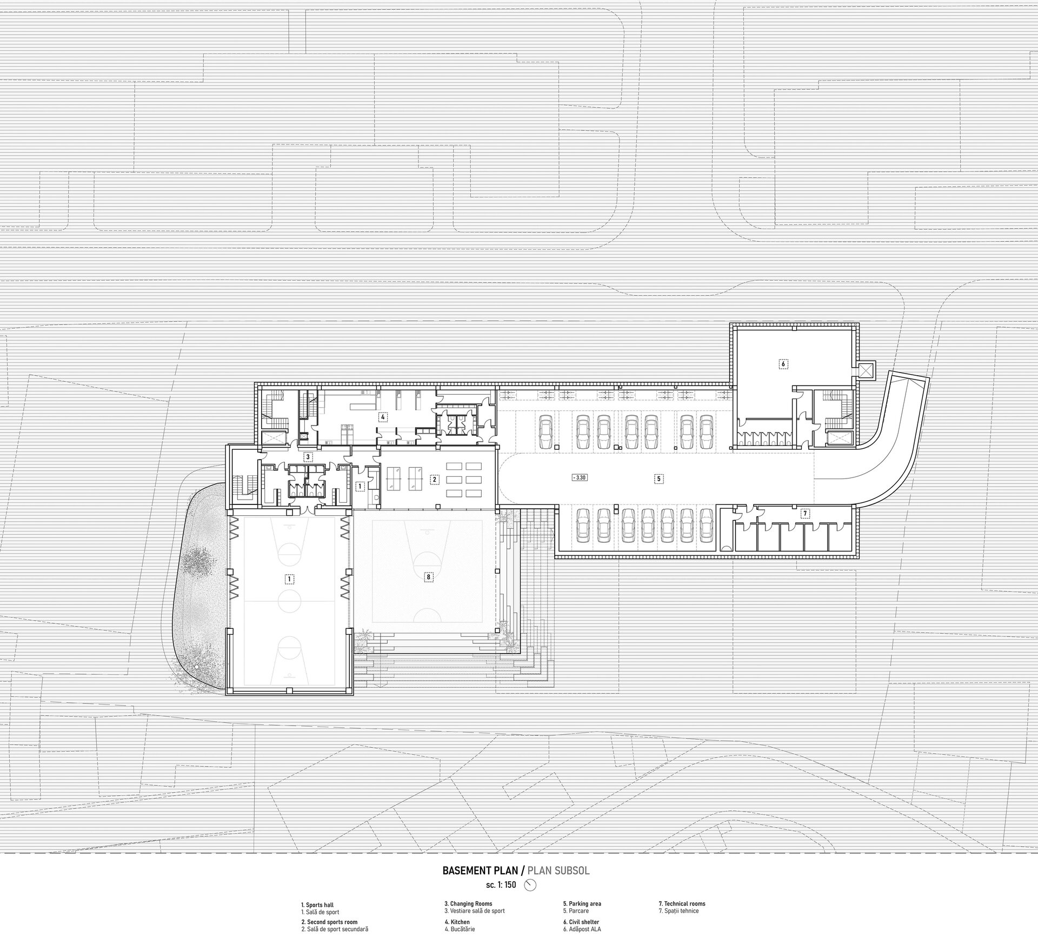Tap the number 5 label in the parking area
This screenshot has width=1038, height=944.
pos(658,478)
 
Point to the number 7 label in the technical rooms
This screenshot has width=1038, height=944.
pos(804,513)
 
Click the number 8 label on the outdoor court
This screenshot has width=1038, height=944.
pos(429,577)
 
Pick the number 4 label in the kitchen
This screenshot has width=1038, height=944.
pos(382,417)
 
